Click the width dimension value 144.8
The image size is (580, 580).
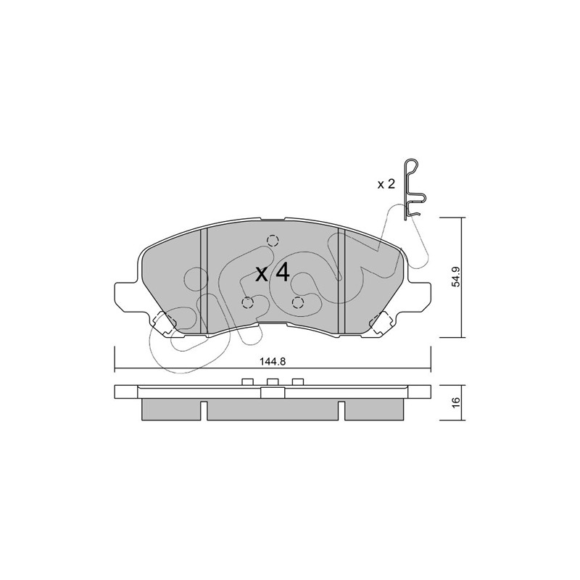click(273, 362)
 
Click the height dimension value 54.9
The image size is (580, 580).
click(456, 277)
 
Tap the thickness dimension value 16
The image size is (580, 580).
click(456, 402)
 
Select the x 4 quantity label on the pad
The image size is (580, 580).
click(273, 273)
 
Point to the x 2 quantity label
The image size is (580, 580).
click(386, 184)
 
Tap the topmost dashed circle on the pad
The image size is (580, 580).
click(273, 241)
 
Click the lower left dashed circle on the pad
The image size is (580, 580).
click(247, 303)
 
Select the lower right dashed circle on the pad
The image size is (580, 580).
click(298, 303)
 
